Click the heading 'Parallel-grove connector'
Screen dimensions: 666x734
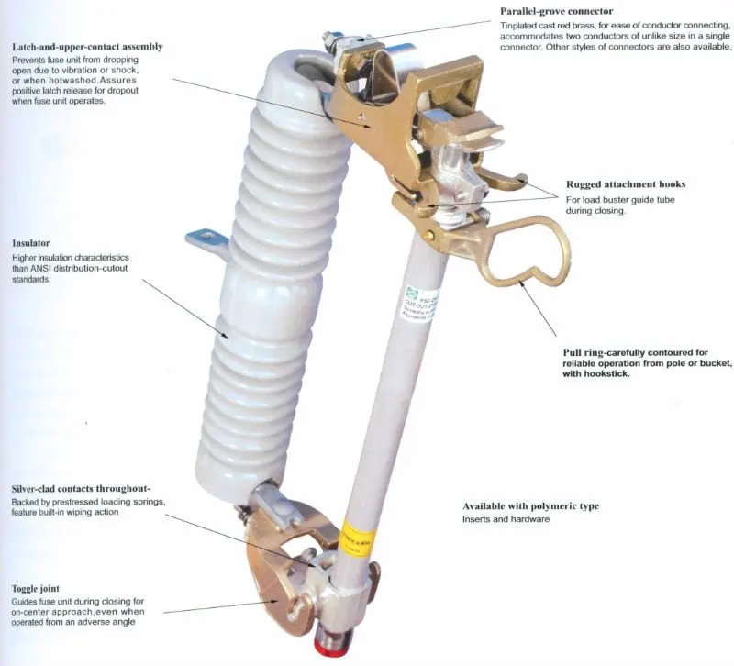(556, 11)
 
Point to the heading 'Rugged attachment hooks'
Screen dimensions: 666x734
(626, 184)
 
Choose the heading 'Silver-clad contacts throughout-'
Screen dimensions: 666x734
(81, 489)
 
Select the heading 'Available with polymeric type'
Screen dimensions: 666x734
(530, 506)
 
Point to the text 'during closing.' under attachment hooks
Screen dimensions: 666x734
(595, 210)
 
